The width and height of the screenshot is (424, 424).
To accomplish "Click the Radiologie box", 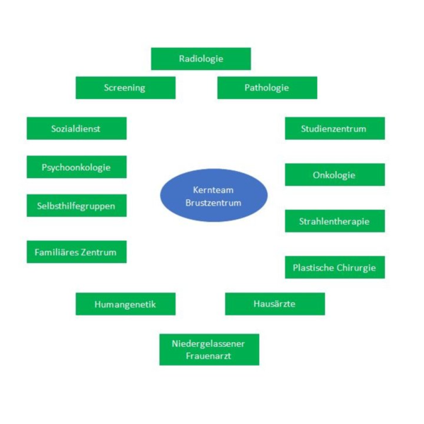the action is click(201, 59).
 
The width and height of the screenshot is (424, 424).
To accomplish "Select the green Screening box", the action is click(125, 88).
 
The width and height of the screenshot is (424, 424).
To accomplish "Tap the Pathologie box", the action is click(267, 88).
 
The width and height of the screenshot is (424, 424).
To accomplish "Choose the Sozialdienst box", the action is click(76, 128).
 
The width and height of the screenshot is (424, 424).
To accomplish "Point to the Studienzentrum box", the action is click(335, 128).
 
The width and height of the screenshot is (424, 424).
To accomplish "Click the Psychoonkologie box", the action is click(76, 167).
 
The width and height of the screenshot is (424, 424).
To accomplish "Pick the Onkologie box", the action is click(335, 175).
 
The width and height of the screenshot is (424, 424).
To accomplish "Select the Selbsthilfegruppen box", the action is click(76, 206).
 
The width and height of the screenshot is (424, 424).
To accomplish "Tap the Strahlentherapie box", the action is click(335, 221).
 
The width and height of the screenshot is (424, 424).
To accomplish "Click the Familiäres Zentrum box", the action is click(76, 252).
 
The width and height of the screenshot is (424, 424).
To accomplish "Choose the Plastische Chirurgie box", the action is click(335, 267).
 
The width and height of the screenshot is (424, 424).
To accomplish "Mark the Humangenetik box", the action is click(125, 304).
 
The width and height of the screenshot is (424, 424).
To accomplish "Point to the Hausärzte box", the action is click(275, 304).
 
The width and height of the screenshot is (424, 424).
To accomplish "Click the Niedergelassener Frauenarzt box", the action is click(209, 350).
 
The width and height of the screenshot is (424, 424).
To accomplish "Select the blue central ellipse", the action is click(214, 196).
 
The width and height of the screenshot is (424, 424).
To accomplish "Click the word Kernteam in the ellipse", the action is click(213, 190).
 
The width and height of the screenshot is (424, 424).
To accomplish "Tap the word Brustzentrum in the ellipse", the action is click(213, 203).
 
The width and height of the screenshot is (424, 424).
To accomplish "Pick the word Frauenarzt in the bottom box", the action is click(208, 356).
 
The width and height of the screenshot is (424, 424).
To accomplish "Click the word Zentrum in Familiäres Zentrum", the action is click(98, 252).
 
